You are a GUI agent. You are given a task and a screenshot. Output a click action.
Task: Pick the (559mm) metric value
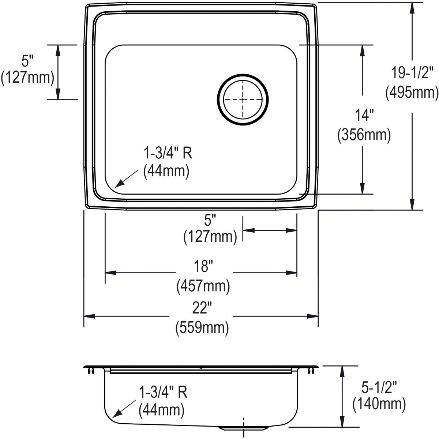tap(202, 327)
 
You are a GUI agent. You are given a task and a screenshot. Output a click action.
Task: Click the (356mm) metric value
tap(364, 135)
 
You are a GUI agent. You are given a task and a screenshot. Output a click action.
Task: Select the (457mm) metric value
tap(203, 285)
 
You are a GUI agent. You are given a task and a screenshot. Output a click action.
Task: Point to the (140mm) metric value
tap(379, 404)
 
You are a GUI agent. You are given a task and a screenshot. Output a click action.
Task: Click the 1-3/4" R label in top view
tap(168, 153)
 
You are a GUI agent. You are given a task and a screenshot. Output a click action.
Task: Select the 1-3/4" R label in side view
tap(163, 393)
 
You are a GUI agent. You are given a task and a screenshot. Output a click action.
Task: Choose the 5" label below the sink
tap(210, 220)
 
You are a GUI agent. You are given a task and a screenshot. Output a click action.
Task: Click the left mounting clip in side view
tap(90, 372)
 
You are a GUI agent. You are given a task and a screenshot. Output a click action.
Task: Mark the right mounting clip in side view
tap(311, 372)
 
